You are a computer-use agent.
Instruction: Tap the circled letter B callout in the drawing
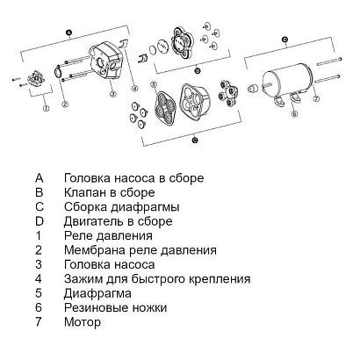click(198, 68)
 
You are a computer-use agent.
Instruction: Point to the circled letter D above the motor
click(285, 39)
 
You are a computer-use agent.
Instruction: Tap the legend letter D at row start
click(40, 221)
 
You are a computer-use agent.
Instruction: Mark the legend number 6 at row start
click(40, 308)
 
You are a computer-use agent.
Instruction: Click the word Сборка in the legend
click(89, 207)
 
